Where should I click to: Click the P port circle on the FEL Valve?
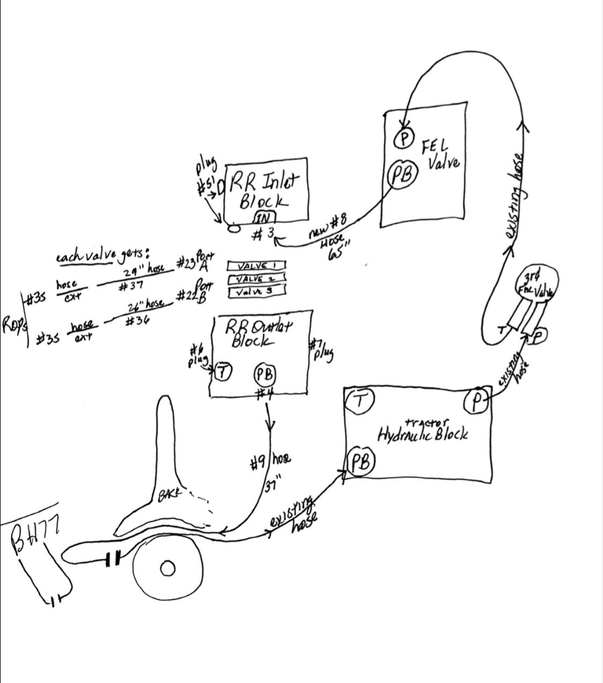[405, 138]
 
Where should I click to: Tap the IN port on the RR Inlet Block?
[264, 217]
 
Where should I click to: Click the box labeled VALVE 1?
[256, 266]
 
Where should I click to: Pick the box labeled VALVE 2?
[256, 279]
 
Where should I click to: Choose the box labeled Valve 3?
[256, 292]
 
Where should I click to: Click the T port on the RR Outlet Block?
[222, 370]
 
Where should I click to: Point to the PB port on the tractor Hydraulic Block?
[362, 463]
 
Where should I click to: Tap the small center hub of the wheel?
[167, 567]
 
